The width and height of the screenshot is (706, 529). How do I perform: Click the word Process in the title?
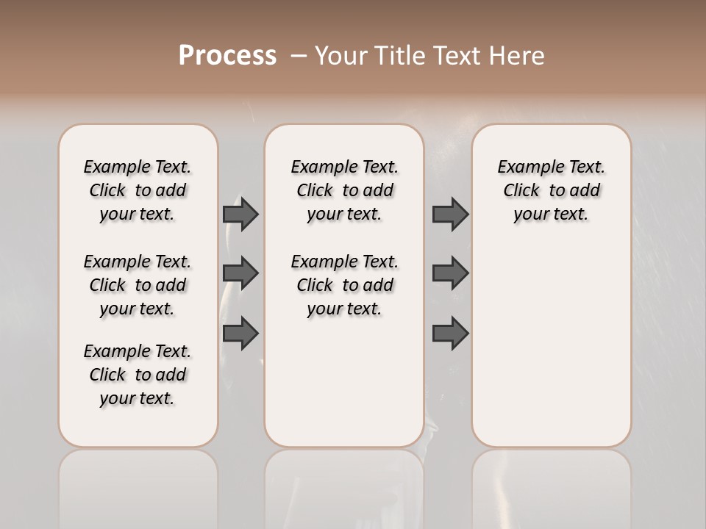click(227, 56)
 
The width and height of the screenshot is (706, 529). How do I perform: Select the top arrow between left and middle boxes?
click(240, 214)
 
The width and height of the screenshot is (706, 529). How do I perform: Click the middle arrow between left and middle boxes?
click(240, 273)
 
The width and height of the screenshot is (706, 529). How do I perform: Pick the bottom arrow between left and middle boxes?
click(240, 333)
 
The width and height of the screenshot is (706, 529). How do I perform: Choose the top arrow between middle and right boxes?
click(450, 214)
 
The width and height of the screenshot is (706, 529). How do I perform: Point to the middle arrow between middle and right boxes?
click(450, 273)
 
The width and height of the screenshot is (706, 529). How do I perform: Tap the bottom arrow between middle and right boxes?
click(450, 333)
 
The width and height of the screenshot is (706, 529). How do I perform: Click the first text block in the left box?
click(138, 190)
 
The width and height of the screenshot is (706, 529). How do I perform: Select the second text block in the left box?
click(138, 285)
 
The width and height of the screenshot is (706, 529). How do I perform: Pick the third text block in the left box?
click(138, 375)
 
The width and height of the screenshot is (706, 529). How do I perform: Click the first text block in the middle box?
click(344, 190)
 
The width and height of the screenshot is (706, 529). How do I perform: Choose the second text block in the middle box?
click(344, 285)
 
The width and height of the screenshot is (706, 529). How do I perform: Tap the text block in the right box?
click(552, 190)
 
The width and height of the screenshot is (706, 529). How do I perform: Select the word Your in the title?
click(341, 56)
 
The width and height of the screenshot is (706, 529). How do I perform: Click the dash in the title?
click(299, 56)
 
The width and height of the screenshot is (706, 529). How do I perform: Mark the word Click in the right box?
click(521, 191)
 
